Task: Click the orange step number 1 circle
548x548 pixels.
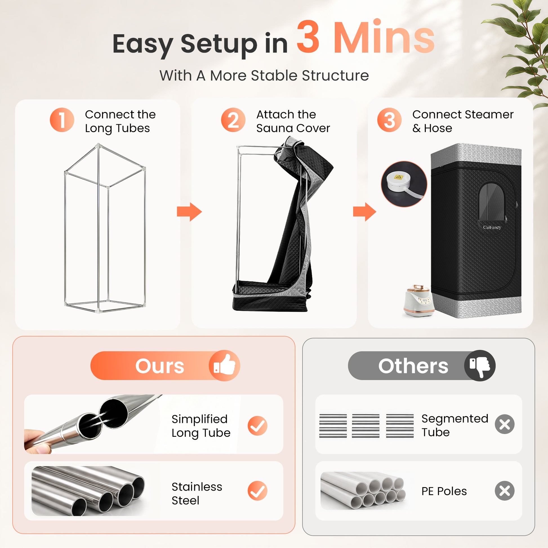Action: point(62,120)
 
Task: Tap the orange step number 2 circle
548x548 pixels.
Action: point(233,120)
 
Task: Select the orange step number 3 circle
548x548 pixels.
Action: point(389,120)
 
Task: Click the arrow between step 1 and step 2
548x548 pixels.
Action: point(189,211)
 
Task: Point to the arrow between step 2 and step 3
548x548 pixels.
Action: point(364,211)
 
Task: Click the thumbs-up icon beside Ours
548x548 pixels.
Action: point(224,365)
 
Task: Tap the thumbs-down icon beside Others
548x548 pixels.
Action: point(480,365)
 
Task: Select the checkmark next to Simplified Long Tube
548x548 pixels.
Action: point(257,426)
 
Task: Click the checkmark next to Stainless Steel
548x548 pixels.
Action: point(257,491)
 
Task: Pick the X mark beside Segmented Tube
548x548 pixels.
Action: point(505,424)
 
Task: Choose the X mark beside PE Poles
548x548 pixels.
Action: point(505,491)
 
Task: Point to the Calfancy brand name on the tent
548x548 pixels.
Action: point(492,228)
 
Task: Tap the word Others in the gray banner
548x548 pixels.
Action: point(413,366)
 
